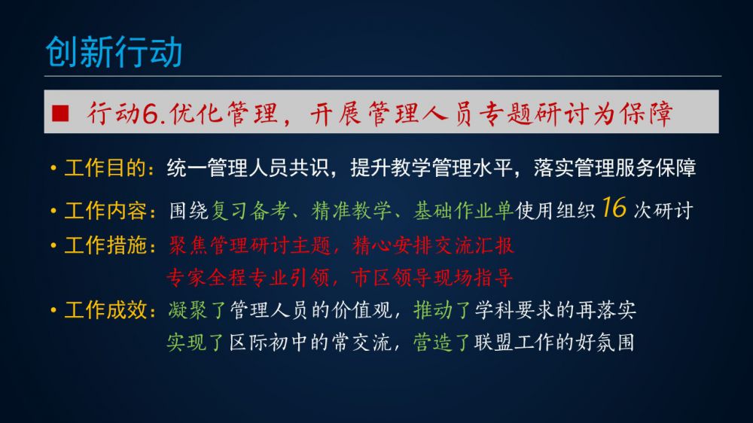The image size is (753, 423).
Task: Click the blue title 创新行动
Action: pyautogui.click(x=114, y=52)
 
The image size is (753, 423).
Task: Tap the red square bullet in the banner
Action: pyautogui.click(x=60, y=113)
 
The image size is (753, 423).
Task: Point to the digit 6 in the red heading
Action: pyautogui.click(x=151, y=114)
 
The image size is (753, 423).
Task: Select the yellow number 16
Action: pyautogui.click(x=614, y=208)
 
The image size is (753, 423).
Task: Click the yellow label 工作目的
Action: pyautogui.click(x=105, y=169)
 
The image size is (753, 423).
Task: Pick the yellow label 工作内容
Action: pyautogui.click(x=105, y=211)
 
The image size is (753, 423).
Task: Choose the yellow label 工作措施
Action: pyautogui.click(x=105, y=245)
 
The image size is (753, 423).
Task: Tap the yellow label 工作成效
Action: pyautogui.click(x=105, y=310)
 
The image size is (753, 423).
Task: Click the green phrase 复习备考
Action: pyautogui.click(x=250, y=211)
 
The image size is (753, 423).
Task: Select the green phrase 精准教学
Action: pyautogui.click(x=351, y=211)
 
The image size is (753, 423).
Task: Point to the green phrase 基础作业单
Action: pyautogui.click(x=463, y=211)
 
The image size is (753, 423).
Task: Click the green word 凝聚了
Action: pyautogui.click(x=197, y=310)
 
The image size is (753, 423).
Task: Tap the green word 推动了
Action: pyautogui.click(x=442, y=310)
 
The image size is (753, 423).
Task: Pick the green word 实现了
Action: pyautogui.click(x=196, y=342)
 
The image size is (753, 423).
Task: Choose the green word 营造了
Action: pyautogui.click(x=442, y=342)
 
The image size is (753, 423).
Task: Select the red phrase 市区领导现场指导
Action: pyautogui.click(x=432, y=278)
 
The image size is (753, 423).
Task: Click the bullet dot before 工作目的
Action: pyautogui.click(x=53, y=169)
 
